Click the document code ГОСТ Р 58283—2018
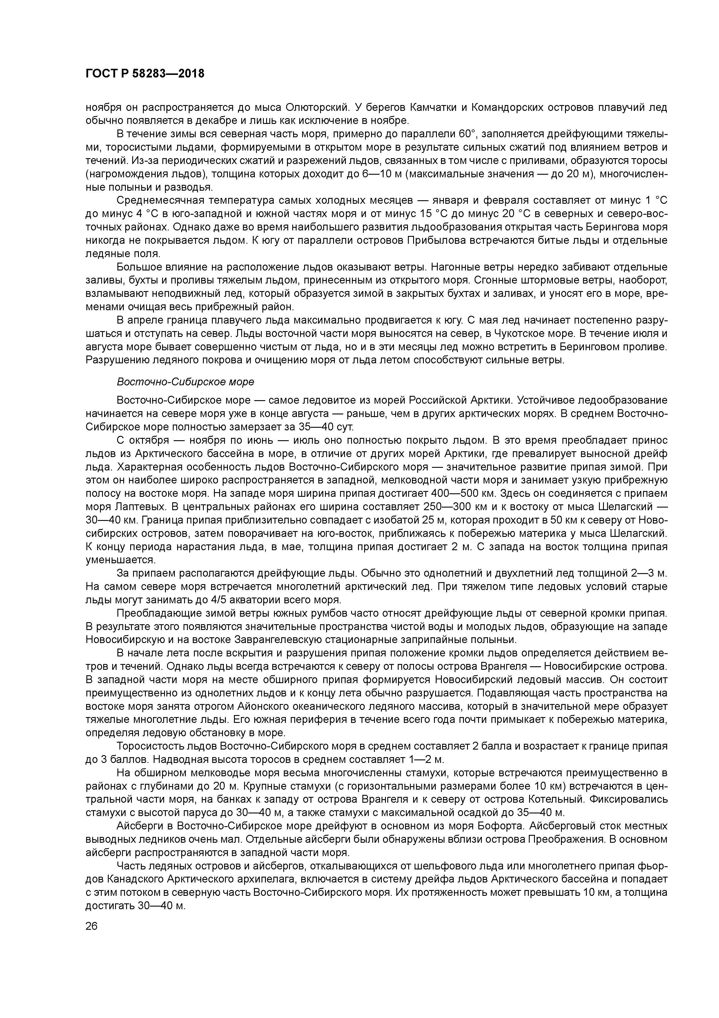(145, 74)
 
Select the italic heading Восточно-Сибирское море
(185, 382)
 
